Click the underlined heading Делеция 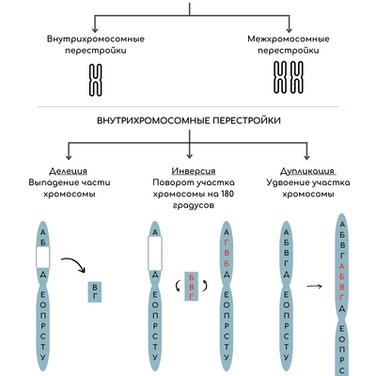tap(68, 171)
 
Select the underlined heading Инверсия tap(194, 171)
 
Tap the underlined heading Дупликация tap(307, 172)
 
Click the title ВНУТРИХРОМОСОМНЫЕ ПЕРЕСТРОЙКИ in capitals tap(189, 121)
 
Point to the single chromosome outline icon tap(96, 80)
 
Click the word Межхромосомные tap(289, 39)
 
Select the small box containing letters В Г tap(95, 291)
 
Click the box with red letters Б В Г tap(191, 287)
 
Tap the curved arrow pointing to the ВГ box tap(74, 262)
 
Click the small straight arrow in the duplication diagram tap(314, 286)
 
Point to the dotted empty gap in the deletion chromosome tap(43, 258)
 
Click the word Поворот tap(171, 182)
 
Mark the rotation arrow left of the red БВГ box tap(178, 286)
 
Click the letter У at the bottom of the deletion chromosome tap(43, 357)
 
